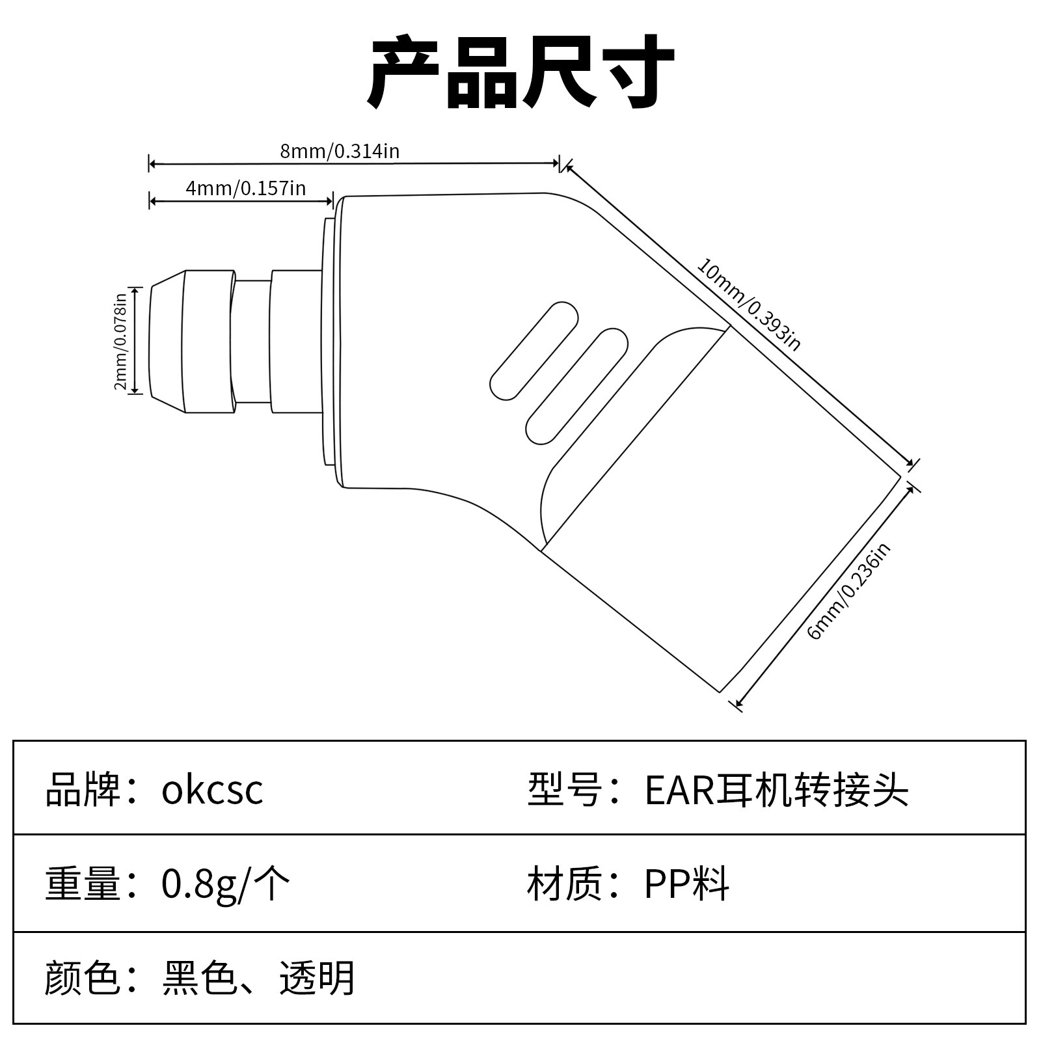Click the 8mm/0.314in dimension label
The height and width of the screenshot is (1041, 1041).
pyautogui.click(x=340, y=152)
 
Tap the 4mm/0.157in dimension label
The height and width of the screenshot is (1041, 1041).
pyautogui.click(x=245, y=189)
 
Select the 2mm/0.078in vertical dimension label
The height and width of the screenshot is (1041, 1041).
pyautogui.click(x=120, y=342)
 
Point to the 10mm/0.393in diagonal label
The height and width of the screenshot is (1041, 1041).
pyautogui.click(x=748, y=304)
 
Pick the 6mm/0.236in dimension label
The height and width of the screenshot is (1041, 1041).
pyautogui.click(x=848, y=591)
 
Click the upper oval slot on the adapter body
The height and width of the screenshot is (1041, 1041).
pyautogui.click(x=534, y=351)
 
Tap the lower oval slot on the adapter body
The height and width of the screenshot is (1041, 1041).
pyautogui.click(x=576, y=386)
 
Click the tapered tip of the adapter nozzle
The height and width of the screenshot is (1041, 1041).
pyautogui.click(x=166, y=342)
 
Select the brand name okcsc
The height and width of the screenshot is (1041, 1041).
pyautogui.click(x=212, y=790)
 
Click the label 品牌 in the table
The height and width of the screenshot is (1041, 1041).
pyautogui.click(x=83, y=790)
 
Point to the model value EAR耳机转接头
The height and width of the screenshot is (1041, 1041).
pyautogui.click(x=776, y=790)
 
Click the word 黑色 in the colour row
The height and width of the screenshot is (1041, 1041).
pyautogui.click(x=199, y=978)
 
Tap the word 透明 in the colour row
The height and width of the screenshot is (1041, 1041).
pyautogui.click(x=317, y=978)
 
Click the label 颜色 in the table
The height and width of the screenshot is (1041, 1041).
pyautogui.click(x=83, y=978)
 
